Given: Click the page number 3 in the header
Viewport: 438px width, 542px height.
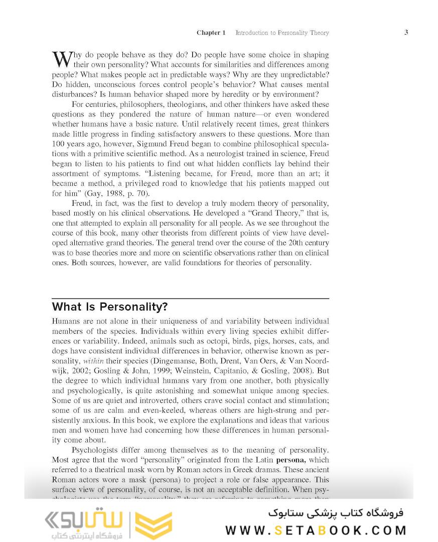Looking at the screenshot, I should (x=406, y=32).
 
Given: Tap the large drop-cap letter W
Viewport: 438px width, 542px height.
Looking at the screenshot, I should (x=62, y=59).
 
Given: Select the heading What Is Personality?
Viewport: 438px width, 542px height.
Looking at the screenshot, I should (x=110, y=307).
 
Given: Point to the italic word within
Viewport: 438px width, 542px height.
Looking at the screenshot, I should (x=93, y=361).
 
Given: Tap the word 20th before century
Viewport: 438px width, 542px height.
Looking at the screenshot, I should (x=288, y=243).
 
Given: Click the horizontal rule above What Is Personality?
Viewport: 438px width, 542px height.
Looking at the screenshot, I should (x=191, y=299).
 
